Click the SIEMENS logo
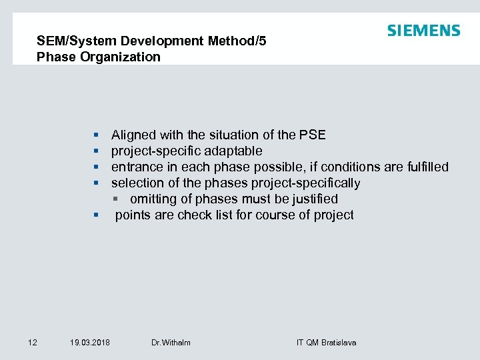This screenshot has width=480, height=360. tap(423, 31)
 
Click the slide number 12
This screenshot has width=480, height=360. tap(33, 342)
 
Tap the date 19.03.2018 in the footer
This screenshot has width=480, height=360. tap(90, 342)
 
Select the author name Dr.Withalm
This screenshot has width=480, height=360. tap(171, 342)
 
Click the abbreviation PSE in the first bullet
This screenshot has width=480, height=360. tap(312, 135)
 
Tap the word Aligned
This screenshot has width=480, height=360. tap(134, 135)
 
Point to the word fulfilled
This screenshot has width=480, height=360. tap(427, 167)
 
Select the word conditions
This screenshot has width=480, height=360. tap(346, 167)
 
